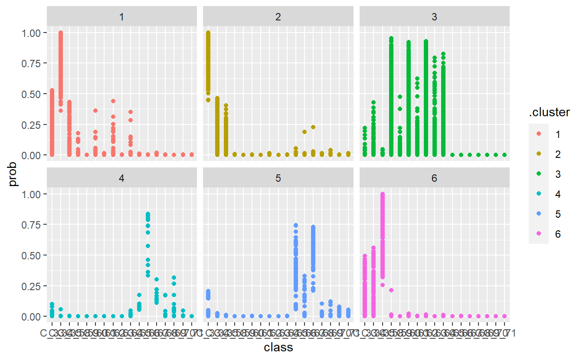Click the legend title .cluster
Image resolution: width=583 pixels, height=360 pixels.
coord(549,113)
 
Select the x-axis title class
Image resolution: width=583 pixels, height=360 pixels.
coord(278,347)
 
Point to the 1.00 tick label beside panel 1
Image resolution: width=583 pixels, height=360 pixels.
coord(32,33)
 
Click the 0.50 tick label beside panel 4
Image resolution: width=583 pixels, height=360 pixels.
coord(32,255)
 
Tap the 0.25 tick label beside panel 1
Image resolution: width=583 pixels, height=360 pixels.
coord(32,124)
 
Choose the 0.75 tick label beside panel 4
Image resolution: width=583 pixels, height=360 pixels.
coord(32,225)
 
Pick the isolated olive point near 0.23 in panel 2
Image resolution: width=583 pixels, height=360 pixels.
coord(313,127)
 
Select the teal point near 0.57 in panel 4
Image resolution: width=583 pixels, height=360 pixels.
coord(148,246)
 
